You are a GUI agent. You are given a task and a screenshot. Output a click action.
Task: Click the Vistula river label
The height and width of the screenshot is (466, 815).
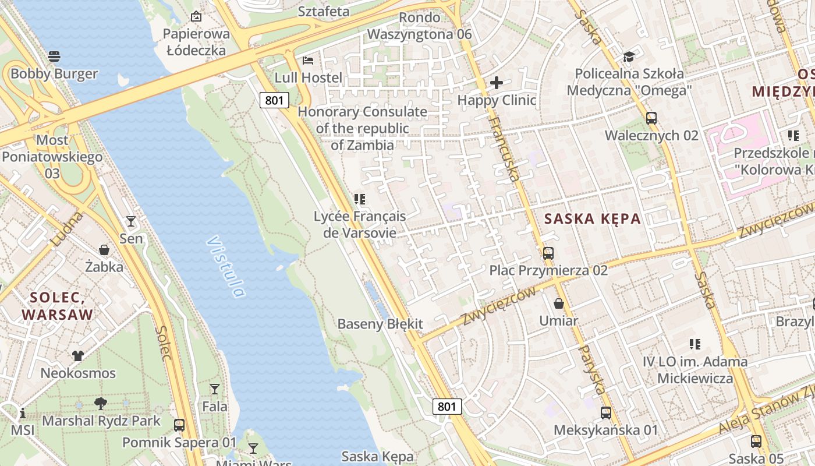click(225, 266)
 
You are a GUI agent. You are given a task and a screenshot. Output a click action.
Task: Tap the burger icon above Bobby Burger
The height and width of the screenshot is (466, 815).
click(54, 57)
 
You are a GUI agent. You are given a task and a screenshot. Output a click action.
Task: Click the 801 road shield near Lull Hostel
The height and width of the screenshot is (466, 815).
click(274, 100)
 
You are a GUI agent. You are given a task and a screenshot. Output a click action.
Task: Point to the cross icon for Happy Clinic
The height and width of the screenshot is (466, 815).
click(496, 83)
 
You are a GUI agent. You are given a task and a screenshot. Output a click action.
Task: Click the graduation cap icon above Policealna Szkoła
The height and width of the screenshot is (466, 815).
click(629, 57)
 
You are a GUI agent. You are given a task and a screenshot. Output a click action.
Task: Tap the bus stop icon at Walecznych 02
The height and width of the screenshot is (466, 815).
click(651, 118)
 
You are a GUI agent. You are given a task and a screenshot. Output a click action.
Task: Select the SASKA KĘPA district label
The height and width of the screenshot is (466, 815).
click(592, 219)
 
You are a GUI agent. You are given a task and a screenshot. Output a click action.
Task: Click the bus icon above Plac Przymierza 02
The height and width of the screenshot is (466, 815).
click(548, 253)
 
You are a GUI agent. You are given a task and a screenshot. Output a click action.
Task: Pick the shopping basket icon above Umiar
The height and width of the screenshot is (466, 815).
click(558, 303)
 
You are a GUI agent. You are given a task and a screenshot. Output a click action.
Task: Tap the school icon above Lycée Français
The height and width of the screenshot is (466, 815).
click(360, 199)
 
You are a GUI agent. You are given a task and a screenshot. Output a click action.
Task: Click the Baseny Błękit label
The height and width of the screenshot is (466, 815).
click(380, 324)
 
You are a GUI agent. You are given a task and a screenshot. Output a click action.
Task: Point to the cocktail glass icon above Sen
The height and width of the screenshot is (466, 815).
click(131, 221)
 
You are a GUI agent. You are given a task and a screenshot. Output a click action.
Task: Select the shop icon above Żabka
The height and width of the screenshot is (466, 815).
click(104, 250)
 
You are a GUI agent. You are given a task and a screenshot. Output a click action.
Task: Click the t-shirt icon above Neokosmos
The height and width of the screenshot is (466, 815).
click(78, 355)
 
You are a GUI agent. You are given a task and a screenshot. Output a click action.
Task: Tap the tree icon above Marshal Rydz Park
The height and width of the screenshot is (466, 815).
click(101, 403)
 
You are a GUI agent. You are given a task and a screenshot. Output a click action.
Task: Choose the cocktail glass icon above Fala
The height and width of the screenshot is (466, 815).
click(215, 389)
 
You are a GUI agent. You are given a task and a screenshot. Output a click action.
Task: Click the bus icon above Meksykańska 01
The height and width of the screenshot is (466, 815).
click(606, 413)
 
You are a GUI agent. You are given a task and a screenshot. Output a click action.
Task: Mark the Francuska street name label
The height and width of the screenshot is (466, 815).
click(504, 148)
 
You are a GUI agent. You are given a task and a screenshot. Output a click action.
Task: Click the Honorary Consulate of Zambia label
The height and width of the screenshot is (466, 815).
click(363, 128)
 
